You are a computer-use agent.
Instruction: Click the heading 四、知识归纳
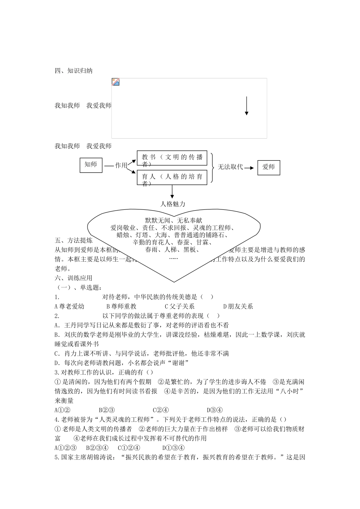click(74, 71)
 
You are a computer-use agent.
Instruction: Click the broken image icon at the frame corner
click(116, 82)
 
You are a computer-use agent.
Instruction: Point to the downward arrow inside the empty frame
click(246, 106)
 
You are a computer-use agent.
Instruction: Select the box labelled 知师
click(91, 165)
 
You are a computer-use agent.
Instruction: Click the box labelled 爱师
click(269, 167)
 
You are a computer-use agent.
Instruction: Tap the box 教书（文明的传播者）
click(172, 158)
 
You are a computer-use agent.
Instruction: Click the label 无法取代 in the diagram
click(230, 167)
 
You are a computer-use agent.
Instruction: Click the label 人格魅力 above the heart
click(173, 204)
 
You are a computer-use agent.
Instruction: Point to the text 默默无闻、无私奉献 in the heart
click(174, 220)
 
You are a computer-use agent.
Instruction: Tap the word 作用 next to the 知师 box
click(121, 166)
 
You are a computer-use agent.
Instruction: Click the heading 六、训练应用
click(74, 278)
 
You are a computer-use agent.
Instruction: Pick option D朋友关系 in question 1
click(238, 306)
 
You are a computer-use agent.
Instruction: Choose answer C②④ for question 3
click(161, 410)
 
